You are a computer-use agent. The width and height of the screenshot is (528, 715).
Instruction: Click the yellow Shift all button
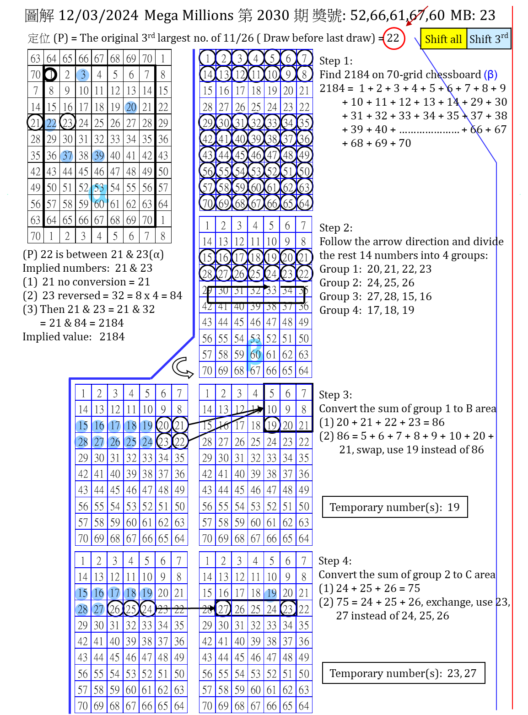[443, 39]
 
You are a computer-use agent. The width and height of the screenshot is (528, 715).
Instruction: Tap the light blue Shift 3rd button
[488, 39]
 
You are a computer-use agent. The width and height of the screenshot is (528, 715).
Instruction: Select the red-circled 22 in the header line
[393, 38]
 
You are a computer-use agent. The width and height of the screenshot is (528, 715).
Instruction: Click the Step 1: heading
[336, 61]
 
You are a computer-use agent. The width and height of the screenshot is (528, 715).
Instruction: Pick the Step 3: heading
[335, 395]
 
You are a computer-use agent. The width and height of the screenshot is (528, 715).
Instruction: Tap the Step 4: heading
[335, 561]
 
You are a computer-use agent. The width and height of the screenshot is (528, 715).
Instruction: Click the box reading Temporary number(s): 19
[394, 507]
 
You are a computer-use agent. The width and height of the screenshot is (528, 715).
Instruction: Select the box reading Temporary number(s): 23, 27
[403, 673]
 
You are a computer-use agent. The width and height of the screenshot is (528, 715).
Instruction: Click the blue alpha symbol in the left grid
[98, 193]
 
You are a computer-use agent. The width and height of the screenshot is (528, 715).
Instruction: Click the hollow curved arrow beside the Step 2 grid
[183, 367]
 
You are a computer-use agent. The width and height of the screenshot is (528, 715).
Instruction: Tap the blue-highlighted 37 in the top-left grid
[67, 156]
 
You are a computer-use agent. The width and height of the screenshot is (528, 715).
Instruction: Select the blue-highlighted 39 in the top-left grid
[99, 156]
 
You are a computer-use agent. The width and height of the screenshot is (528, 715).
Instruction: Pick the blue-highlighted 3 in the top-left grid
[83, 75]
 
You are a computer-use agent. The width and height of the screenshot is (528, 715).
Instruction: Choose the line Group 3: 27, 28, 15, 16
[375, 296]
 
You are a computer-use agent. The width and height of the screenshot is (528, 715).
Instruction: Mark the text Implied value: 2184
[73, 337]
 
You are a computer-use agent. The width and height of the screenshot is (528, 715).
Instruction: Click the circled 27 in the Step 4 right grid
[223, 609]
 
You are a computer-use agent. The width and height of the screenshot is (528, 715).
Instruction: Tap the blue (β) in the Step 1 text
[490, 75]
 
